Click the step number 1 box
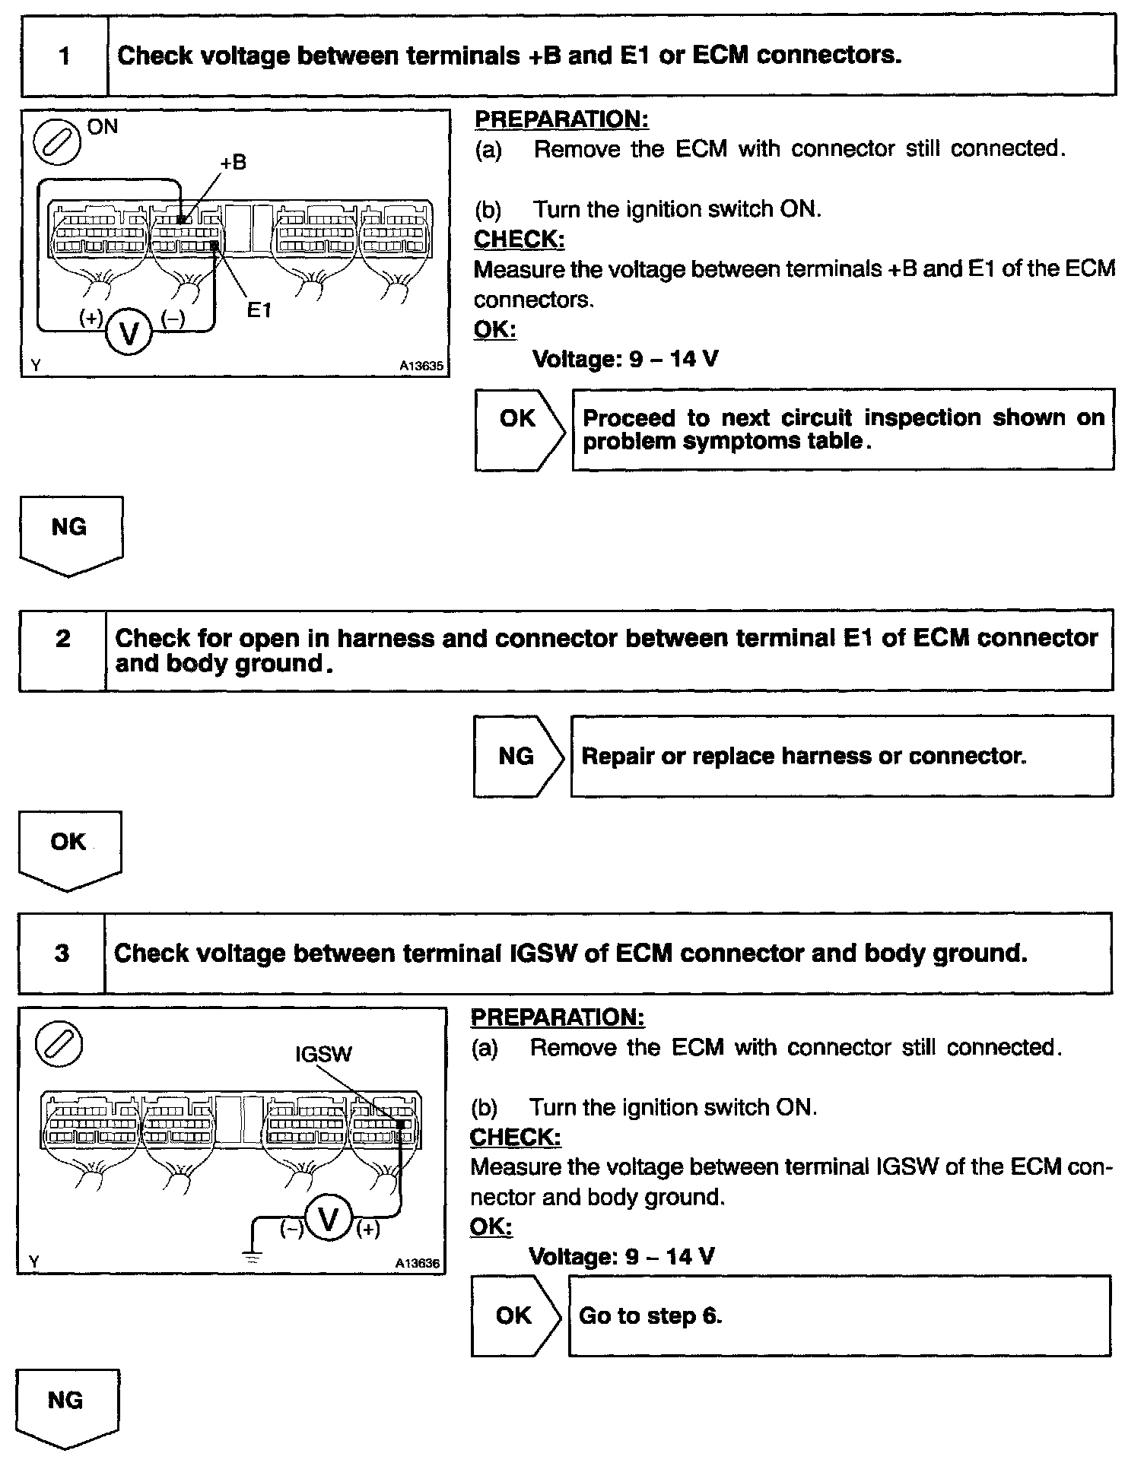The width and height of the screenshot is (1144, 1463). [65, 56]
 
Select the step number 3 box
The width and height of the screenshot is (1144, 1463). [62, 953]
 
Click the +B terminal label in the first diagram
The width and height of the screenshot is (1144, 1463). [234, 163]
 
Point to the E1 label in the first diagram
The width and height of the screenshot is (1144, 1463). [259, 310]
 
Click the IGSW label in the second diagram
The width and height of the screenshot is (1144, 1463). [324, 1054]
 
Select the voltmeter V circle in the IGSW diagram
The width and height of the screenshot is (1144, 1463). [329, 1220]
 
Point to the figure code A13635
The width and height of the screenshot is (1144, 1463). [421, 366]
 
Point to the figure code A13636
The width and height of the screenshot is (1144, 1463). [417, 1263]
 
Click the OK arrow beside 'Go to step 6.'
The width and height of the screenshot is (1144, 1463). [515, 1316]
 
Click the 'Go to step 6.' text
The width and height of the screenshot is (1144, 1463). [650, 1316]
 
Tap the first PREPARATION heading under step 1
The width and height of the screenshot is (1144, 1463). [561, 119]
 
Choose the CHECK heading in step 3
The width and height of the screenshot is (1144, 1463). [515, 1138]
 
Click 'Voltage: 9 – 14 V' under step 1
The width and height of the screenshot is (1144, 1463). [624, 359]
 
